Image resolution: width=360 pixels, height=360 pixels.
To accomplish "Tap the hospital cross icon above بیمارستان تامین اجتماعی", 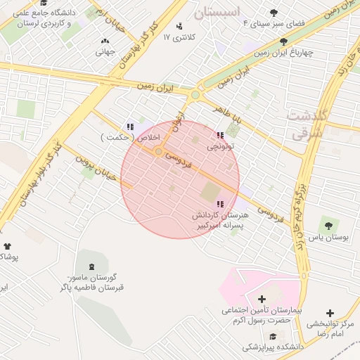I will click(262, 300).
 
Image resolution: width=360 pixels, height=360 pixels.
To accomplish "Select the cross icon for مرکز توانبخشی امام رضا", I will click(330, 313).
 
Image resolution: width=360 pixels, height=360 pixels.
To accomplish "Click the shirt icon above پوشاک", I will click(8, 246).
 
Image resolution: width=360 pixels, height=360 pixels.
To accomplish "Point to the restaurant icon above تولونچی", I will click(220, 135).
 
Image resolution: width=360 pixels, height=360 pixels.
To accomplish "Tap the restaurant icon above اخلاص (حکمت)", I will click(129, 127).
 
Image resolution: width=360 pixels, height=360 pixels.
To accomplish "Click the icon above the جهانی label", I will click(105, 41).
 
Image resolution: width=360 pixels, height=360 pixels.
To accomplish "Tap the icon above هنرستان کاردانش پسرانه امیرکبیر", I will click(220, 204).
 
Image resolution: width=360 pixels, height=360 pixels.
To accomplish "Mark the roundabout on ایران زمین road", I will click(195, 94).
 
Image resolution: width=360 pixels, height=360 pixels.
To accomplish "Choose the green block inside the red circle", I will click(210, 191).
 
